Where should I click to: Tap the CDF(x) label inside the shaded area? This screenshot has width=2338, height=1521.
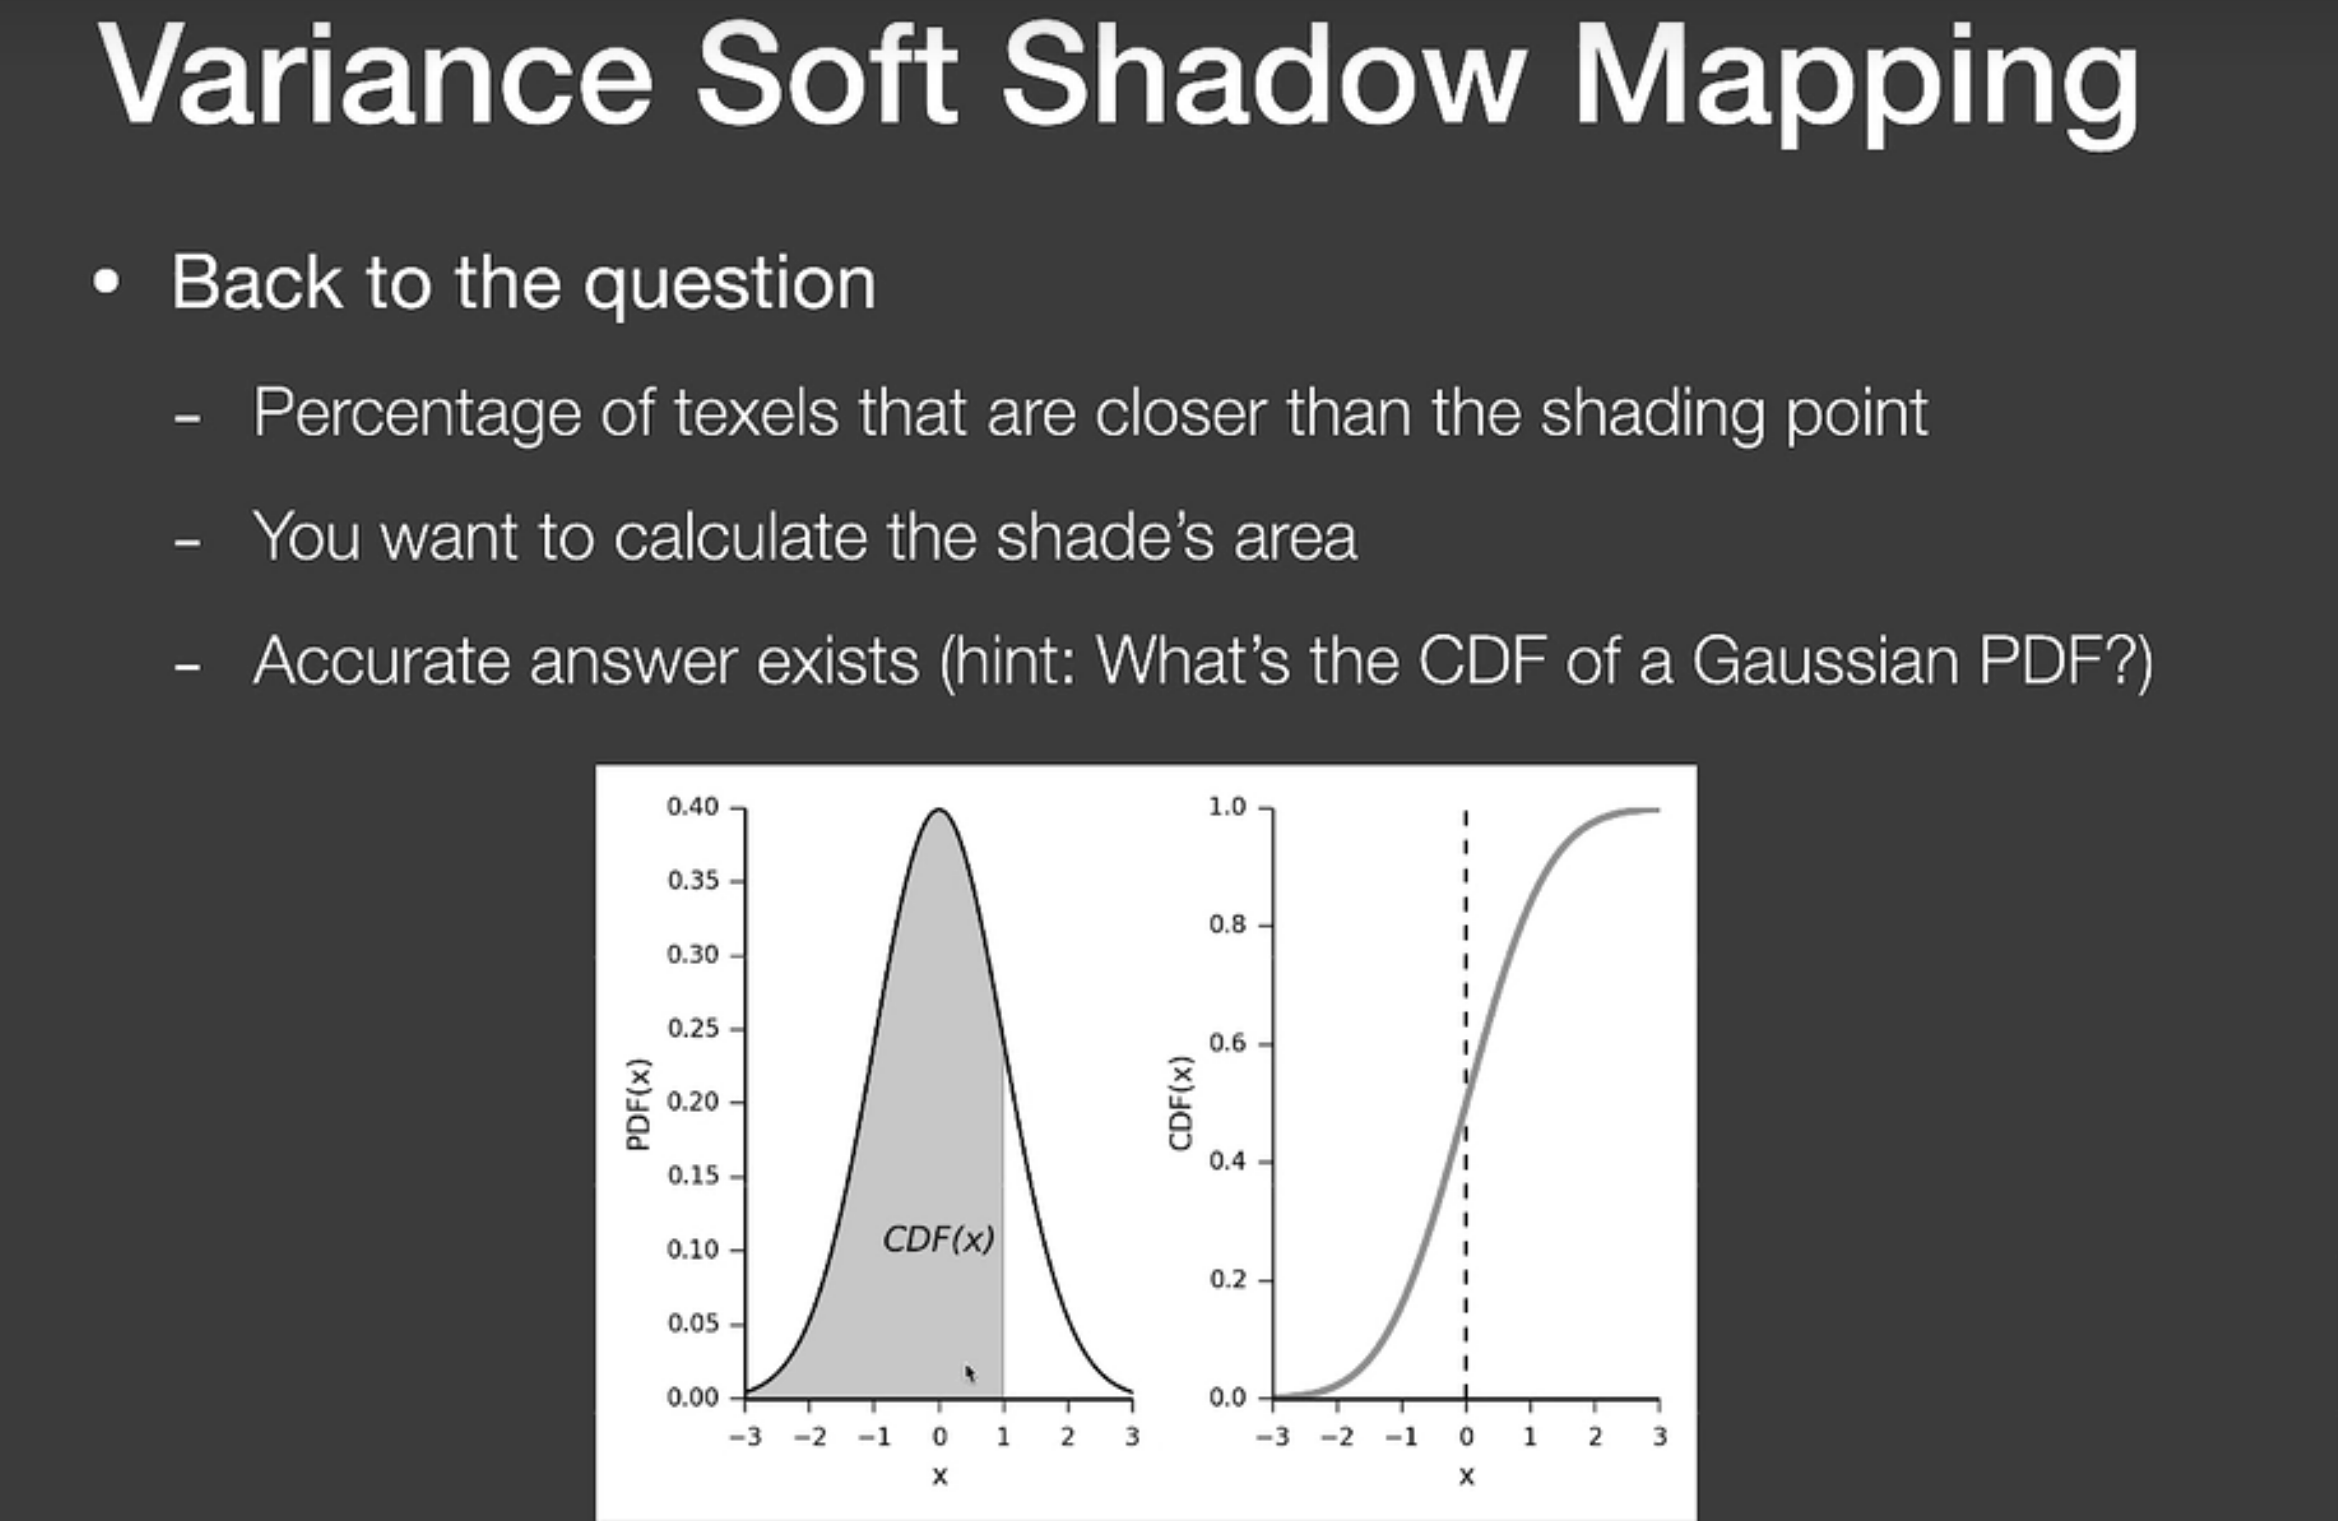(939, 1239)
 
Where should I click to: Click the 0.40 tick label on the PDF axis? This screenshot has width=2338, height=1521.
(693, 807)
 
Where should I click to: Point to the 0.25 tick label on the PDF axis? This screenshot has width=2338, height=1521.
(693, 1028)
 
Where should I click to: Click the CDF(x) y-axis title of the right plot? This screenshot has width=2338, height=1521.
(1180, 1103)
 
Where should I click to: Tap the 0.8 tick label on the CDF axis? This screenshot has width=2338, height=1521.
(1227, 924)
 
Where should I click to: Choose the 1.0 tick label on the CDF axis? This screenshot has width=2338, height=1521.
(1227, 807)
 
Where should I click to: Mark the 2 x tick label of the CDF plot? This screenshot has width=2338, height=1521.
(1594, 1437)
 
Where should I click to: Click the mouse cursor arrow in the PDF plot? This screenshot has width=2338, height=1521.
(971, 1374)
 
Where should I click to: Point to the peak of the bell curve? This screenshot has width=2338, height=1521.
(939, 809)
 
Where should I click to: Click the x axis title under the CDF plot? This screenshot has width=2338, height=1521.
(1467, 1476)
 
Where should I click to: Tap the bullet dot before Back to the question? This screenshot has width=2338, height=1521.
(106, 283)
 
